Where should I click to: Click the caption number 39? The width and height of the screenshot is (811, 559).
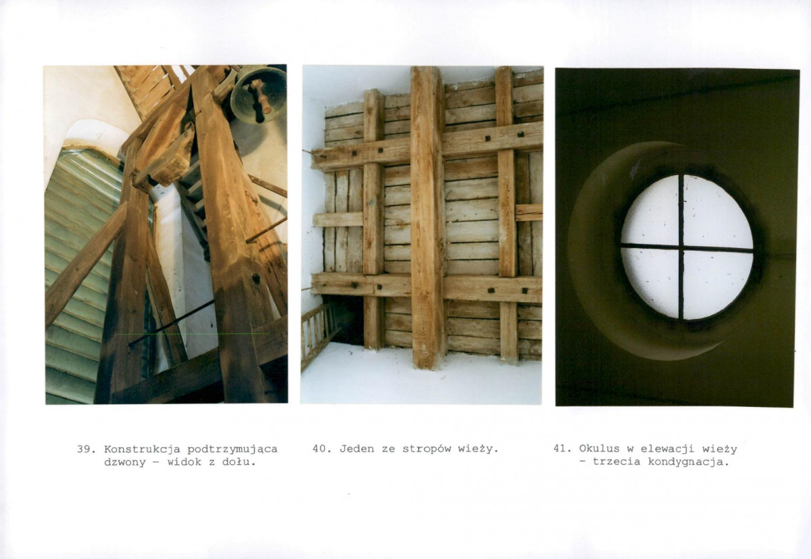(x=85, y=449)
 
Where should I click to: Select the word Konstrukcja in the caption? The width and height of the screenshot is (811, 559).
(x=143, y=449)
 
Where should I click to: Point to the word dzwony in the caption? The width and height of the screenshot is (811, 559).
(x=125, y=462)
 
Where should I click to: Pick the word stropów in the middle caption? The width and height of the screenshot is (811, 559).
(x=426, y=449)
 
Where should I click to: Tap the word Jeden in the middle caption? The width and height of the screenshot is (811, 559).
(x=357, y=449)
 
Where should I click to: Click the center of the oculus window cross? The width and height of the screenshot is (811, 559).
(x=681, y=247)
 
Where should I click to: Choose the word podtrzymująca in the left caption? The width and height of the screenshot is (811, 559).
(x=232, y=449)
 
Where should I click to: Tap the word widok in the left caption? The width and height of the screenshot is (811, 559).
(x=185, y=462)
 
